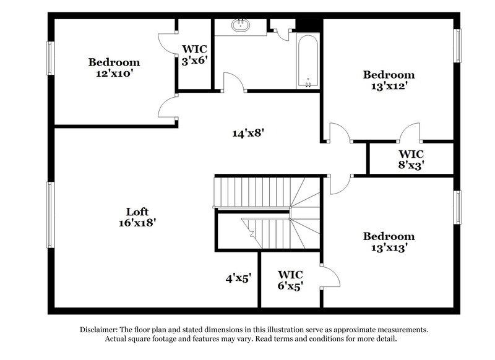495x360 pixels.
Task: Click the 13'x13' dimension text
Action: (389, 247)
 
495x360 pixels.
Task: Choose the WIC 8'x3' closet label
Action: (411, 159)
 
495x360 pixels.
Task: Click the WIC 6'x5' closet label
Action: (290, 280)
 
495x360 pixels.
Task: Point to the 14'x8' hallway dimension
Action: (252, 132)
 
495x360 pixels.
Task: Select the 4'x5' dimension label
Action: (238, 278)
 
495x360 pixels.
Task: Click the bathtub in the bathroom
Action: (308, 61)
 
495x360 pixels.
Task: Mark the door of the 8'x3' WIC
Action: (410, 132)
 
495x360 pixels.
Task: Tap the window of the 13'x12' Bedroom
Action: (458, 46)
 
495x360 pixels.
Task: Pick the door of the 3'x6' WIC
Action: (167, 41)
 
